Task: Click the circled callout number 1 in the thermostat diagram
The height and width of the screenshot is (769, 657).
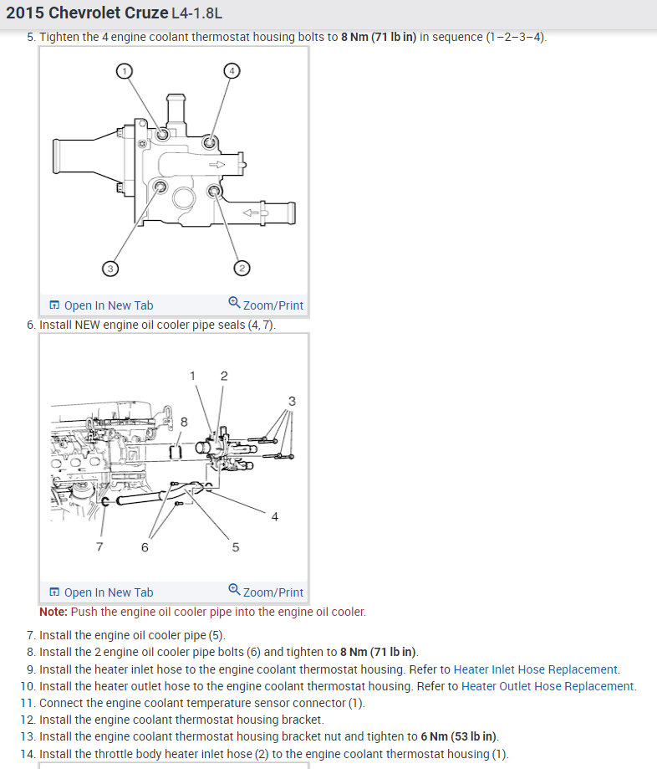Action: pos(124,71)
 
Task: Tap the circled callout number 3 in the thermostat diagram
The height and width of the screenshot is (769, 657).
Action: pos(109,268)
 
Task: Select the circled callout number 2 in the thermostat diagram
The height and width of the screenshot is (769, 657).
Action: pos(242,268)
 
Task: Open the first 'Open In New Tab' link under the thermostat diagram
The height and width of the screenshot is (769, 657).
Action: pos(101,305)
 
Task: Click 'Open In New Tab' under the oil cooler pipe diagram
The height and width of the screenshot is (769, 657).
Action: pos(101,592)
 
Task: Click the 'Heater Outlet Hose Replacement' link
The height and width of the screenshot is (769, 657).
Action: pos(547,686)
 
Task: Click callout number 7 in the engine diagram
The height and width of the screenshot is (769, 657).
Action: pos(99,546)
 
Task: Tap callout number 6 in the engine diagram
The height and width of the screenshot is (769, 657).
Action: pos(145,546)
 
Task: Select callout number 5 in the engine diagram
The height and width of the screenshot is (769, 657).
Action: pos(235,546)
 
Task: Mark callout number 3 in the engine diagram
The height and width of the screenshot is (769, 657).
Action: pos(292,401)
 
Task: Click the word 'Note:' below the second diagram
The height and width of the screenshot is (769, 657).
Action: pos(53,612)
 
